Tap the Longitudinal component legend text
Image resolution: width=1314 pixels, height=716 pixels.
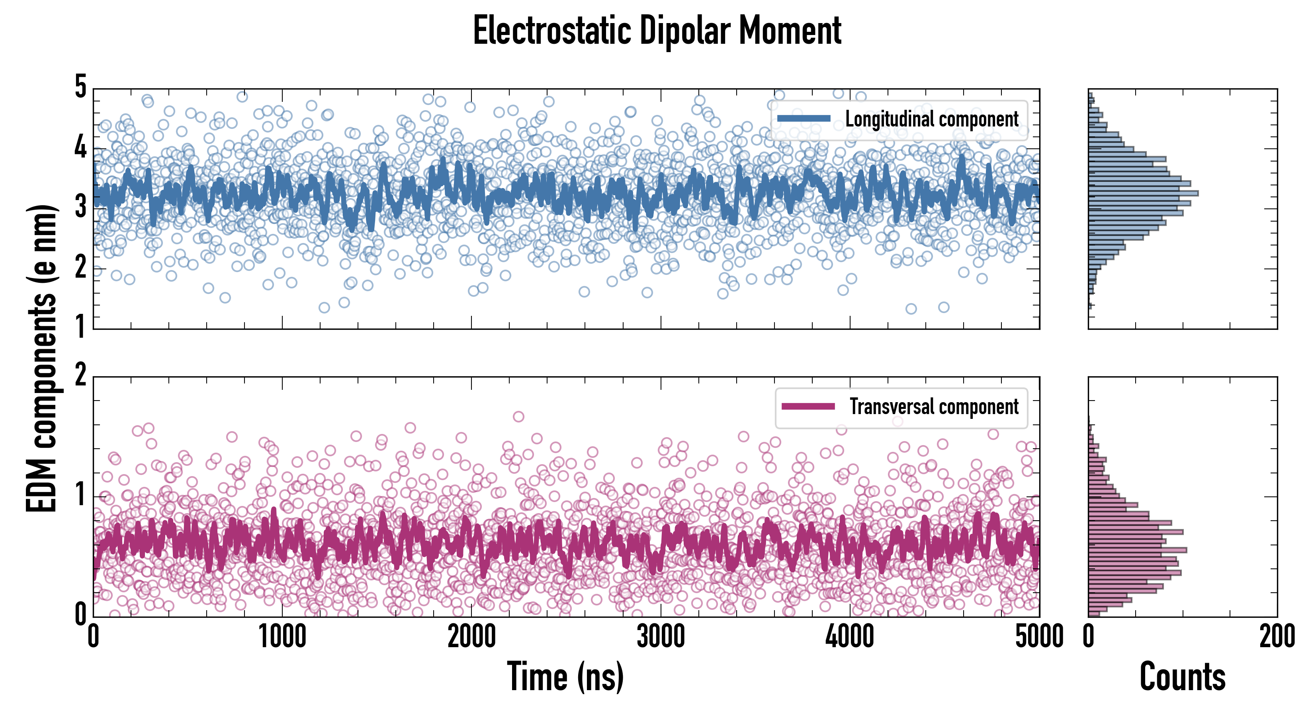tap(931, 119)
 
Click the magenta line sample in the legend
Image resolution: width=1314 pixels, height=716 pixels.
tap(808, 406)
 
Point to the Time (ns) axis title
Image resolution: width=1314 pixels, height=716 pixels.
tap(565, 676)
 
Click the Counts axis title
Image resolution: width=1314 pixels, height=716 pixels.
tap(1182, 676)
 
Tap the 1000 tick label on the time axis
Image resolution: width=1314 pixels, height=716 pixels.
tap(282, 636)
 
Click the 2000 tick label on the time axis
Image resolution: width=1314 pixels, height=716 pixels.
tap(471, 636)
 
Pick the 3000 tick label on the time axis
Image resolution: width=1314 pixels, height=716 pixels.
tap(661, 636)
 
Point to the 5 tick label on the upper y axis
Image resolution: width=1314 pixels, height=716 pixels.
tap(80, 87)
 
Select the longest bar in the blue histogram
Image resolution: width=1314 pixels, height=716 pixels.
tap(1143, 193)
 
